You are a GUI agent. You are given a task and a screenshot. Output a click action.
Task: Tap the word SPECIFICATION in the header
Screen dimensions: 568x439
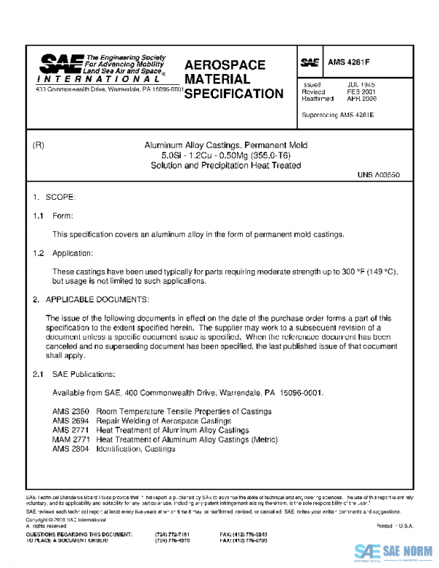[x=233, y=94]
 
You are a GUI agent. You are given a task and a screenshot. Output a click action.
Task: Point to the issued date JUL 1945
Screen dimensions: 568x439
[x=361, y=85]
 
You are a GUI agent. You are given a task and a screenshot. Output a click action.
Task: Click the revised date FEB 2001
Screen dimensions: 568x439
[x=361, y=92]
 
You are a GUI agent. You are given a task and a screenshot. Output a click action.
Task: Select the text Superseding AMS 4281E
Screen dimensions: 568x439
[x=337, y=116]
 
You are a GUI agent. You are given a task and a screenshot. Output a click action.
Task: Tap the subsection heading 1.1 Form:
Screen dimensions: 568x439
[x=52, y=217]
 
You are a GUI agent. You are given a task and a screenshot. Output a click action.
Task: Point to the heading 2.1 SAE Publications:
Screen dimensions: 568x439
[x=74, y=375]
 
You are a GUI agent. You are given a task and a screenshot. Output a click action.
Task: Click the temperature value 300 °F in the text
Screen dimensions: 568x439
[x=353, y=272]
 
